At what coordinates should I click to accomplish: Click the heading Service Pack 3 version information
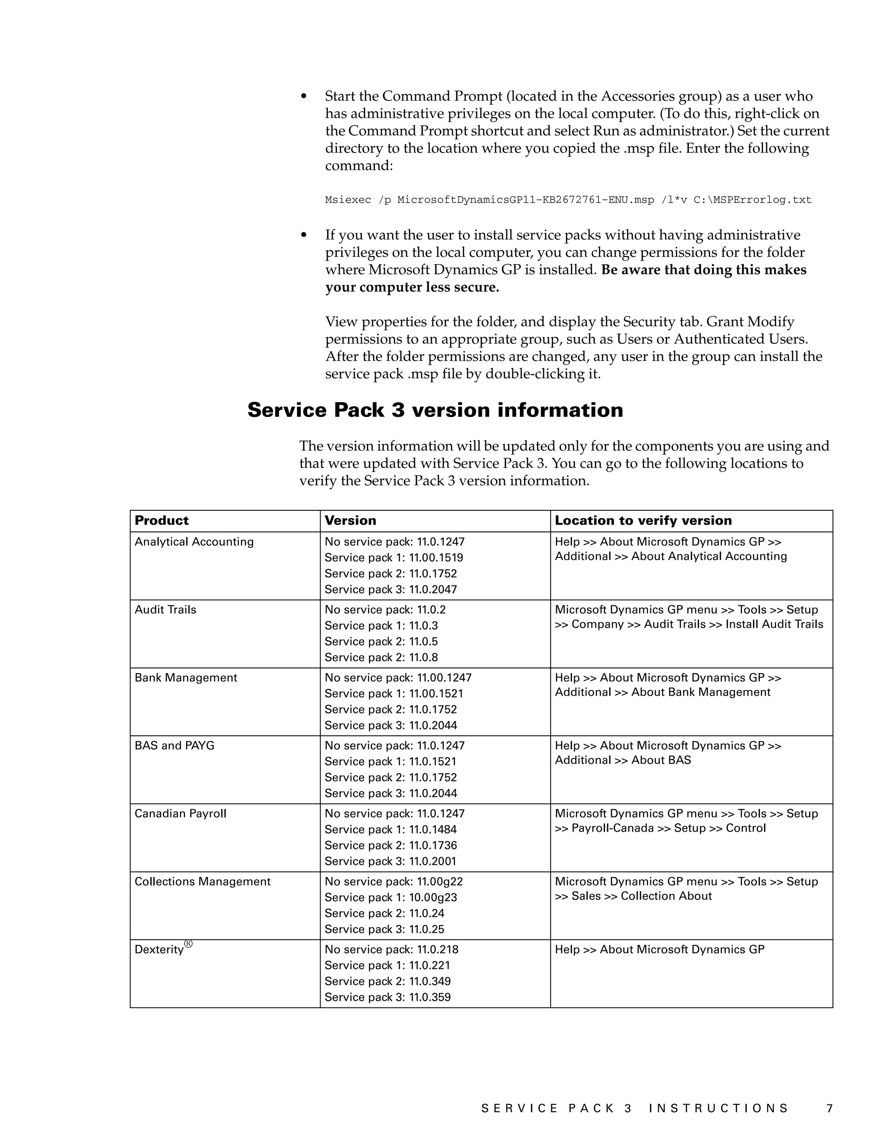click(435, 410)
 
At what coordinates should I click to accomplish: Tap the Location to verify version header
click(643, 521)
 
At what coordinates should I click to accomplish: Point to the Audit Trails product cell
click(165, 610)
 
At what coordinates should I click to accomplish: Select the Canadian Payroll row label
click(180, 814)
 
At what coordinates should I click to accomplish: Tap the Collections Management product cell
click(202, 882)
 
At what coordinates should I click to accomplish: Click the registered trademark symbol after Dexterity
click(188, 944)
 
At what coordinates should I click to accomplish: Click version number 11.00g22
click(439, 882)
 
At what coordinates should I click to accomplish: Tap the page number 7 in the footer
click(829, 1108)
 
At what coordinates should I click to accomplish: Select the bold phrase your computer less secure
click(412, 287)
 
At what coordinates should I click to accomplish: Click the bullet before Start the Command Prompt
click(303, 96)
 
